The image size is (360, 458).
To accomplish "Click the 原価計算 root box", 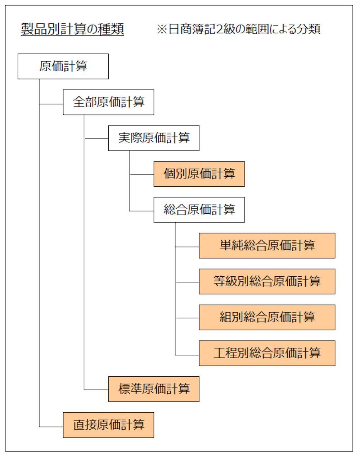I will point(63,66).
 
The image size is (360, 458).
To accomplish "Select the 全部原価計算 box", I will point(108,102).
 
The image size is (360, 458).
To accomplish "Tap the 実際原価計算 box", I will point(154,138).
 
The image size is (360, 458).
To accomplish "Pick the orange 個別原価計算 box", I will point(199,174).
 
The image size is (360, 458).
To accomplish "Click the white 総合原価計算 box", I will point(199,209).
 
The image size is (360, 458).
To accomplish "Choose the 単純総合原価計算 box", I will point(267,245).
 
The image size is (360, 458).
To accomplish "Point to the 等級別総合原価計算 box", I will point(267,281).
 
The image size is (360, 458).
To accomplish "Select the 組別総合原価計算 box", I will point(267,317).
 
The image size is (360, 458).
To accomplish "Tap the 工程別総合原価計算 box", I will point(267,353).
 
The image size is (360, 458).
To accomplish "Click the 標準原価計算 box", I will point(154,389).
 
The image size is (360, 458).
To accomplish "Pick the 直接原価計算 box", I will point(108,425).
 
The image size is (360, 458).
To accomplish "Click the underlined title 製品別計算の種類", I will point(72,29).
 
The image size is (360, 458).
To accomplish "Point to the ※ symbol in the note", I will point(162,29).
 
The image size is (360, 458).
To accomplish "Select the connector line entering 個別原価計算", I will point(142,175).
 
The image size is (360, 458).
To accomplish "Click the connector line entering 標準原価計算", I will point(96,390).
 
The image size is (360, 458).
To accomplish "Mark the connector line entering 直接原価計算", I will point(51,427).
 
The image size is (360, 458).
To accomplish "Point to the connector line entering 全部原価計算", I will point(51,104).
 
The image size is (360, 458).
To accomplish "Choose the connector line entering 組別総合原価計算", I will point(187,318).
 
